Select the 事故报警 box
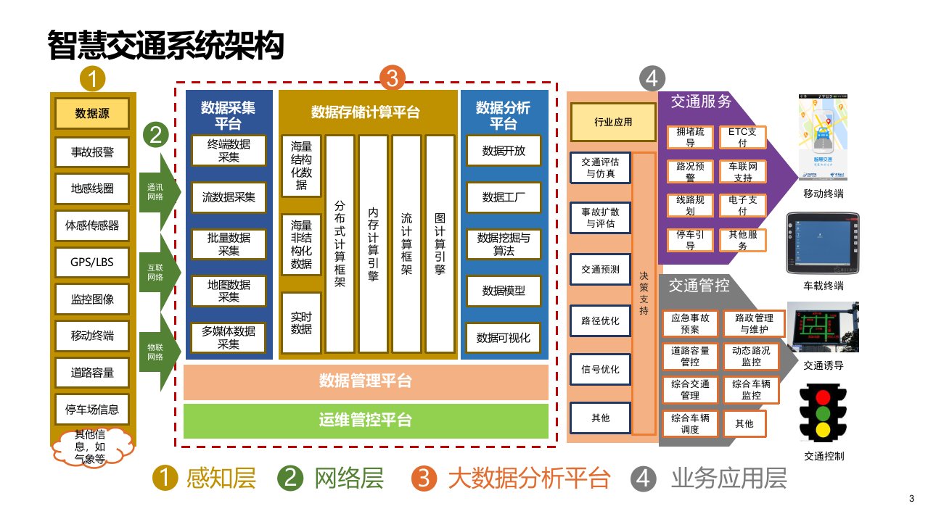(92, 152)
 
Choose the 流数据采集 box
(229, 196)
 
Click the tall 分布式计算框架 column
(340, 244)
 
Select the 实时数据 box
(301, 323)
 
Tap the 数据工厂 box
(504, 196)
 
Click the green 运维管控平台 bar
(366, 420)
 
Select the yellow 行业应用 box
(612, 123)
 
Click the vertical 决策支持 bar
(644, 293)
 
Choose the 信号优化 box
(600, 369)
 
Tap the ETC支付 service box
(742, 137)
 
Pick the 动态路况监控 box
(751, 355)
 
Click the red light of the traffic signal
(823, 397)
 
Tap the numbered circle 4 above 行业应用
(652, 78)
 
